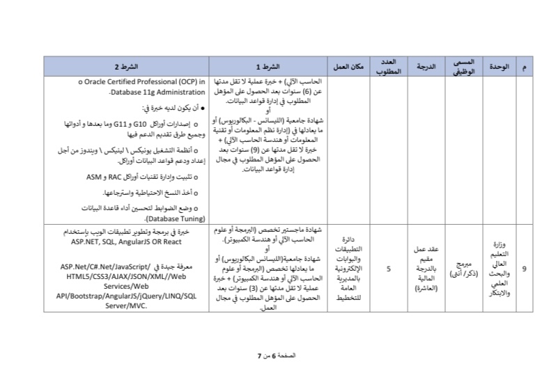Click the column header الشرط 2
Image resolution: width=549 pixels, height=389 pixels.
pos(127,66)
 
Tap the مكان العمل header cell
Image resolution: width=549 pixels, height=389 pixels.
pos(348,66)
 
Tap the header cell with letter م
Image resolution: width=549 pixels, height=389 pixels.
pos(524,66)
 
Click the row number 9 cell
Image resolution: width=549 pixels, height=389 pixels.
pos(524,268)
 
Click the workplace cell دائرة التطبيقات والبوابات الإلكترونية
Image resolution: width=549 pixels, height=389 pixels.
pos(348,268)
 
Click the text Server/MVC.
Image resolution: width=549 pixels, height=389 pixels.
pos(126,304)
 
